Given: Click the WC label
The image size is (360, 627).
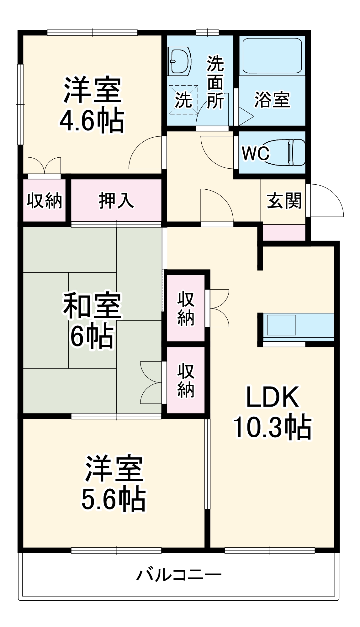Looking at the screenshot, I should (x=256, y=153).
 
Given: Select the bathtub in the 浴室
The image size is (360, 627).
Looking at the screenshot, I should (x=272, y=56).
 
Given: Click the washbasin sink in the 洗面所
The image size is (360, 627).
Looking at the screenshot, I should (x=179, y=61).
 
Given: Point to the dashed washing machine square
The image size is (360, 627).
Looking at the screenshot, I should (x=183, y=100).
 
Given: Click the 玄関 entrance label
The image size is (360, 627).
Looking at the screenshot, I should (x=284, y=201).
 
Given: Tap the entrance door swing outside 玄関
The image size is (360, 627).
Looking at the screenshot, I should (x=326, y=201).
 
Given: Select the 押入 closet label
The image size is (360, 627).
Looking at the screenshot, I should (x=116, y=201).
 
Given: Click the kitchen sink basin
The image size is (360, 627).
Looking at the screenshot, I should (x=281, y=325).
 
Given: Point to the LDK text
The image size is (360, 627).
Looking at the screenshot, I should (x=272, y=397).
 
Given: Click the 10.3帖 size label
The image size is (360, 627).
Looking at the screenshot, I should (x=272, y=427).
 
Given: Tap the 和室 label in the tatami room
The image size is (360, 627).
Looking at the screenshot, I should (x=92, y=306).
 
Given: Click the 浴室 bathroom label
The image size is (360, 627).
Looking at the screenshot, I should (x=272, y=100).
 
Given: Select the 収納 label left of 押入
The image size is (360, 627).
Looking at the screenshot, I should (x=45, y=201).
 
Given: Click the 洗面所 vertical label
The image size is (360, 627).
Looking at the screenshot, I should (x=215, y=82).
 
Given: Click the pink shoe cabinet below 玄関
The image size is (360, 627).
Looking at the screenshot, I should (x=284, y=233).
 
